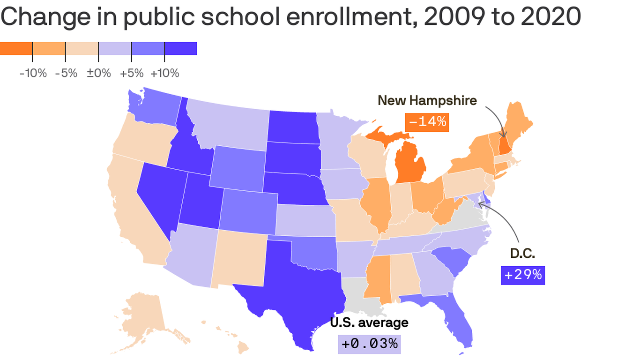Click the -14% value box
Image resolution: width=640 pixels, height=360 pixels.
(x=427, y=122)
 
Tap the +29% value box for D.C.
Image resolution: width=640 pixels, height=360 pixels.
(x=523, y=275)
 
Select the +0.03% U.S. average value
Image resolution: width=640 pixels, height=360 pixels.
(x=369, y=344)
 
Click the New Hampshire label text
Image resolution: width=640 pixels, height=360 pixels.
(x=427, y=100)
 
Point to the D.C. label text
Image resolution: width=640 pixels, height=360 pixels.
(x=522, y=254)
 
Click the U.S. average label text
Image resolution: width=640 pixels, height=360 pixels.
(x=369, y=322)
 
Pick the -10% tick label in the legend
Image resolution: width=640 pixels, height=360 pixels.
(x=33, y=73)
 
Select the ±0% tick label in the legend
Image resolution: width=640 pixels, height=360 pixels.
(x=98, y=73)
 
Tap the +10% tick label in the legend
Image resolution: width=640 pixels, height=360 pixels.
(x=164, y=73)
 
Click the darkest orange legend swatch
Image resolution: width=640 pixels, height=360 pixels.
(x=16, y=48)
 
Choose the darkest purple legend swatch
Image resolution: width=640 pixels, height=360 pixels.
(x=180, y=48)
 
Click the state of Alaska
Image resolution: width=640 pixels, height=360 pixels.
(x=141, y=314)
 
